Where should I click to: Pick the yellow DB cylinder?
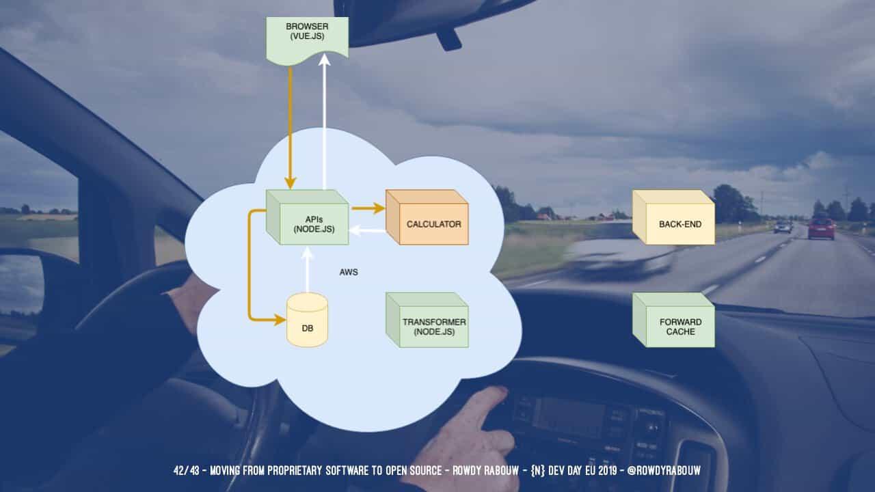[x=307, y=320]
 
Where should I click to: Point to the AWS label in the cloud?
[x=349, y=272]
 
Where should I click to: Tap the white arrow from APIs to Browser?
[x=325, y=123]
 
